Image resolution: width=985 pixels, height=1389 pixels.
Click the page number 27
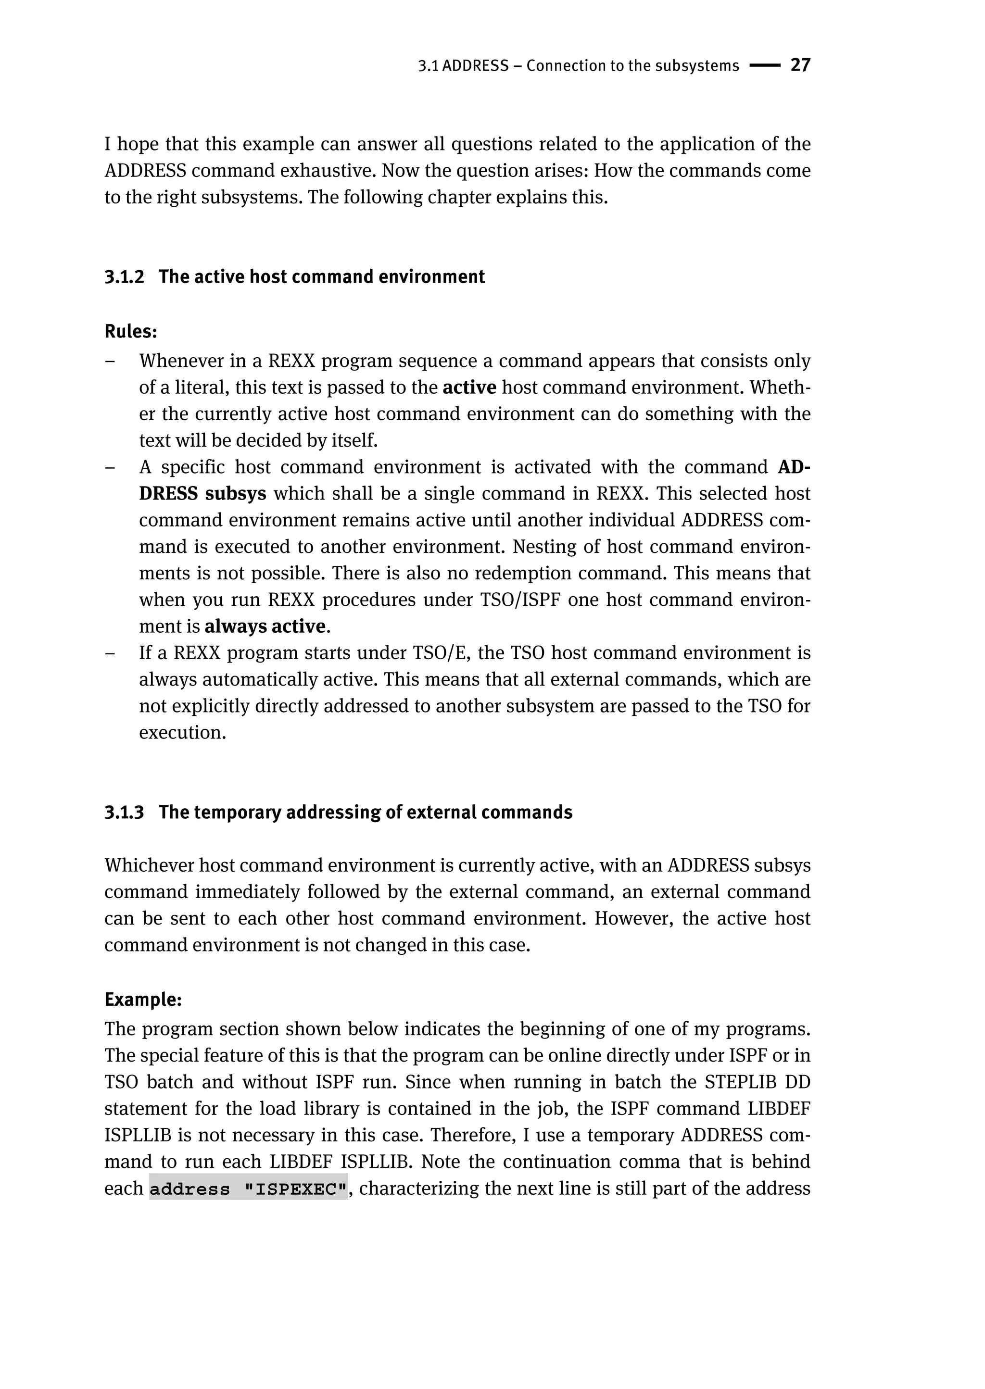[800, 65]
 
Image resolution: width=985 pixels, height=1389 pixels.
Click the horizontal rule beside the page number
[764, 65]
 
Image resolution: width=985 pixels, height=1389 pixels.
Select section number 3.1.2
[125, 277]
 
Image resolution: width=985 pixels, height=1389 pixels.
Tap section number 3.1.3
[125, 813]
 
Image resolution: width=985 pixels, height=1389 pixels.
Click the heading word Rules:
[130, 332]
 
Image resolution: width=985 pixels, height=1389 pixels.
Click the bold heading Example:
[143, 1000]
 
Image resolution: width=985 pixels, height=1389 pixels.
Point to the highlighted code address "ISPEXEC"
[249, 1189]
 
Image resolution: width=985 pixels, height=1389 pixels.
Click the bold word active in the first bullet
[469, 388]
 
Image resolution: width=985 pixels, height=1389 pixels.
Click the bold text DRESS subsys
[202, 493]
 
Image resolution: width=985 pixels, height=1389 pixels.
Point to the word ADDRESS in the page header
[475, 66]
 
